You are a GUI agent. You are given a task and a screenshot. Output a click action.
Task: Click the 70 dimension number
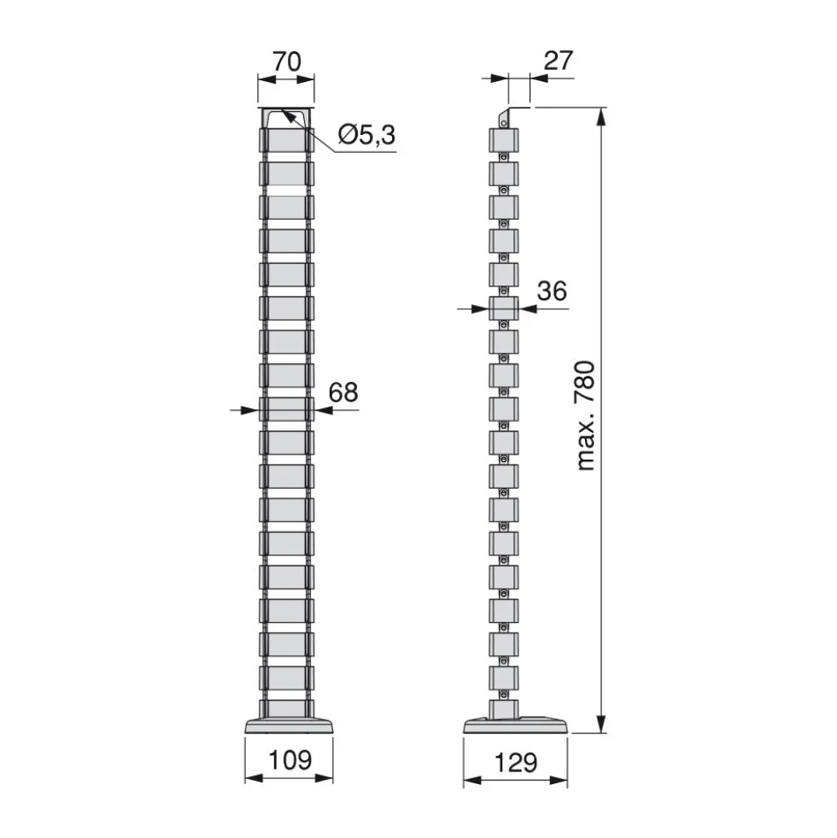pyautogui.click(x=287, y=62)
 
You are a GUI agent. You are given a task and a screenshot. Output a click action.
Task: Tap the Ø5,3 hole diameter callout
pyautogui.click(x=366, y=134)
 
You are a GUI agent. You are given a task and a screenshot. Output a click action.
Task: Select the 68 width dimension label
pyautogui.click(x=343, y=392)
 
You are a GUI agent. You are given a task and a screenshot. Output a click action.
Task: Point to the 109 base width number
pyautogui.click(x=290, y=760)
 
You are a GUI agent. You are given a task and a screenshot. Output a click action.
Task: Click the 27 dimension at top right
pyautogui.click(x=559, y=61)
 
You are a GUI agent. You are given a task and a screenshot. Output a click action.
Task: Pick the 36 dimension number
pyautogui.click(x=552, y=291)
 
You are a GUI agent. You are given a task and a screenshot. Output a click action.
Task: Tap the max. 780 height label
pyautogui.click(x=586, y=416)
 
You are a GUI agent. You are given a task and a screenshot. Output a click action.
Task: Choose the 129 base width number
pyautogui.click(x=516, y=763)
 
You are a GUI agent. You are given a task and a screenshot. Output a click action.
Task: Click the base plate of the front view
pyautogui.click(x=290, y=726)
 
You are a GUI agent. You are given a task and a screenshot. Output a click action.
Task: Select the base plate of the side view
pyautogui.click(x=516, y=725)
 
